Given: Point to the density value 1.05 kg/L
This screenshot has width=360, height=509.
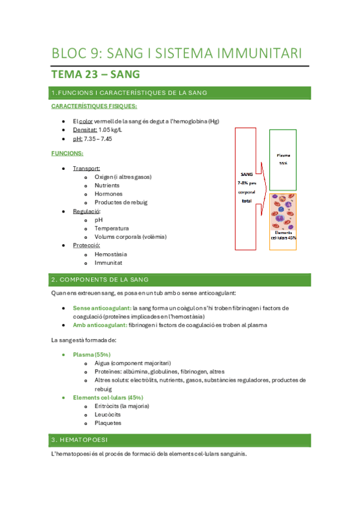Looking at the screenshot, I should click(x=113, y=130).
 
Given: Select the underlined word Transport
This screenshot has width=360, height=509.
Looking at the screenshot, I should click(x=86, y=169).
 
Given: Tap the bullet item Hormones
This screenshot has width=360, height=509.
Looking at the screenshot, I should click(x=109, y=194).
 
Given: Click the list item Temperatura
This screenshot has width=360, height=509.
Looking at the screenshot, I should click(x=112, y=229).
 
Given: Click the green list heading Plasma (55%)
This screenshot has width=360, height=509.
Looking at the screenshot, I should click(x=91, y=355).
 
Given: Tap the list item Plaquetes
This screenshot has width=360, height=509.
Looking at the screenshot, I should click(x=108, y=423).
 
